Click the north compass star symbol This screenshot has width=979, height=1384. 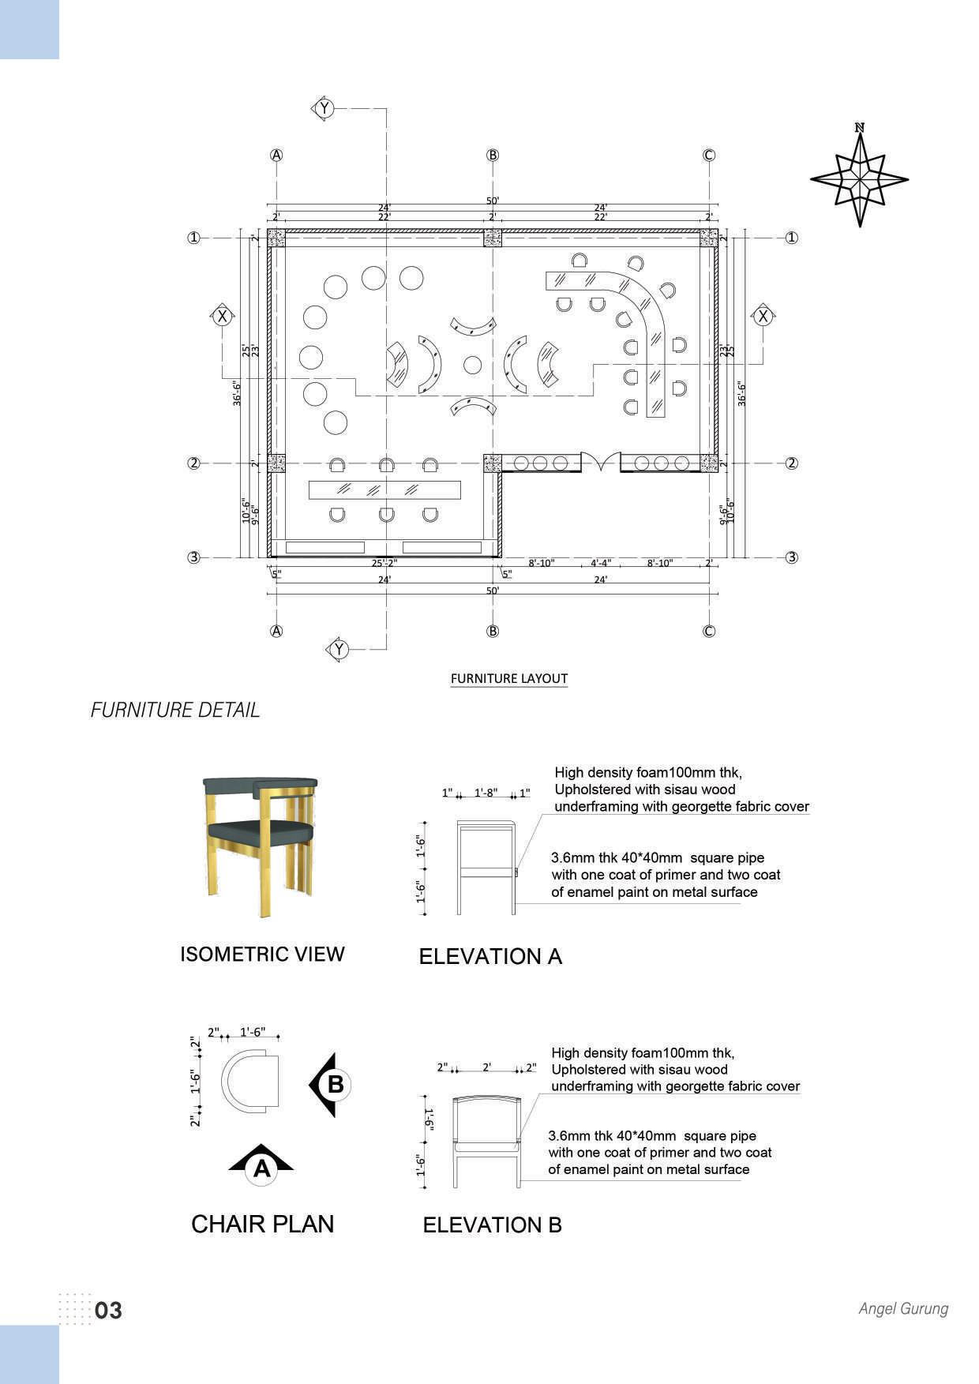tap(859, 180)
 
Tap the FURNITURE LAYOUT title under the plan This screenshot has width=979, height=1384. tap(508, 678)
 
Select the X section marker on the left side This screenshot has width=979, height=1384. tap(223, 317)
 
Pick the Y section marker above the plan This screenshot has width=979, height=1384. tap(324, 108)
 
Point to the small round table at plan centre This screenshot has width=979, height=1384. tap(472, 365)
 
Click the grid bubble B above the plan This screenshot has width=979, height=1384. tap(493, 155)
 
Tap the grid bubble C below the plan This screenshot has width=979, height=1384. tap(708, 631)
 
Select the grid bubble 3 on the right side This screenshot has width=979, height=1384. tap(792, 557)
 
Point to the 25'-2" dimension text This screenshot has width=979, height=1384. tap(384, 564)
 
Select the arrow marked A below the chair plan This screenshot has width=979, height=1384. tap(261, 1164)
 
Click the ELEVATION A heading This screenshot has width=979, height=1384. tap(489, 956)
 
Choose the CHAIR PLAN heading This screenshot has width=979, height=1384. tap(262, 1224)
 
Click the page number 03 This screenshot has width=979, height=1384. tap(108, 1311)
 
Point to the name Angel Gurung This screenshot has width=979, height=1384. tap(903, 1308)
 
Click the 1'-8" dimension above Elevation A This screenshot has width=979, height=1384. tap(486, 793)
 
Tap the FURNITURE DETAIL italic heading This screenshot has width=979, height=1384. tap(174, 710)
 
